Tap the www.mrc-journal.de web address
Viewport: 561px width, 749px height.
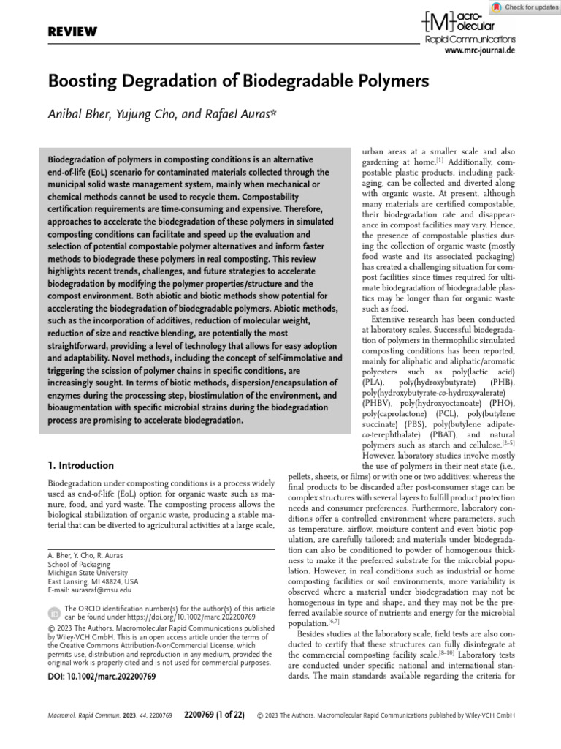[480, 52]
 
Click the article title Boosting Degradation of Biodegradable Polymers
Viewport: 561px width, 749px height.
[237, 80]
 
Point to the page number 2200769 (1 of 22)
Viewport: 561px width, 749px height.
[217, 714]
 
